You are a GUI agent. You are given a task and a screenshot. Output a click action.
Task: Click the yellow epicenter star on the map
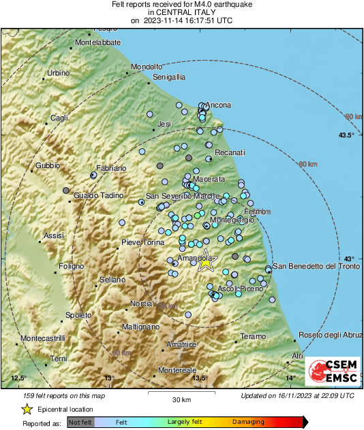point(206,263)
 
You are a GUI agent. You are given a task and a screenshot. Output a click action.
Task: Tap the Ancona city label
point(219,105)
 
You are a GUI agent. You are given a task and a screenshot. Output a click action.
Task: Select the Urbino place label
point(58,73)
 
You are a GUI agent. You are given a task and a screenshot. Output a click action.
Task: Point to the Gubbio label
point(48,165)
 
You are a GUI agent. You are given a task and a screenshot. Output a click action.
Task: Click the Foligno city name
point(70,265)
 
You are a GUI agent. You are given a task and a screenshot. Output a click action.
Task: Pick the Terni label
point(59,359)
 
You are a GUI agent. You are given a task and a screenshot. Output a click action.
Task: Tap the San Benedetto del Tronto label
point(316,266)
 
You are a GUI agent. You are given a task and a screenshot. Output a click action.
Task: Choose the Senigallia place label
point(169,78)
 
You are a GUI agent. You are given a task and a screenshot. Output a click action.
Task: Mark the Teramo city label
point(254,337)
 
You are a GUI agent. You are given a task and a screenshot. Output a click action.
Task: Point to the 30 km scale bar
point(181,393)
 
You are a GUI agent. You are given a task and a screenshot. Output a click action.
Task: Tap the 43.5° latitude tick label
point(346,136)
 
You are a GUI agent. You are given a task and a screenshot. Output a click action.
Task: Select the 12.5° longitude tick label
point(18,378)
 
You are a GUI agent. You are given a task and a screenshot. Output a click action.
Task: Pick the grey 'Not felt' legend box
point(80,422)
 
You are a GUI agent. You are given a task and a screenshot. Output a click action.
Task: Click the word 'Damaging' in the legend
point(248,422)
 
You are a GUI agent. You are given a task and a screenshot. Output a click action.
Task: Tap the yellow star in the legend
point(27,409)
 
